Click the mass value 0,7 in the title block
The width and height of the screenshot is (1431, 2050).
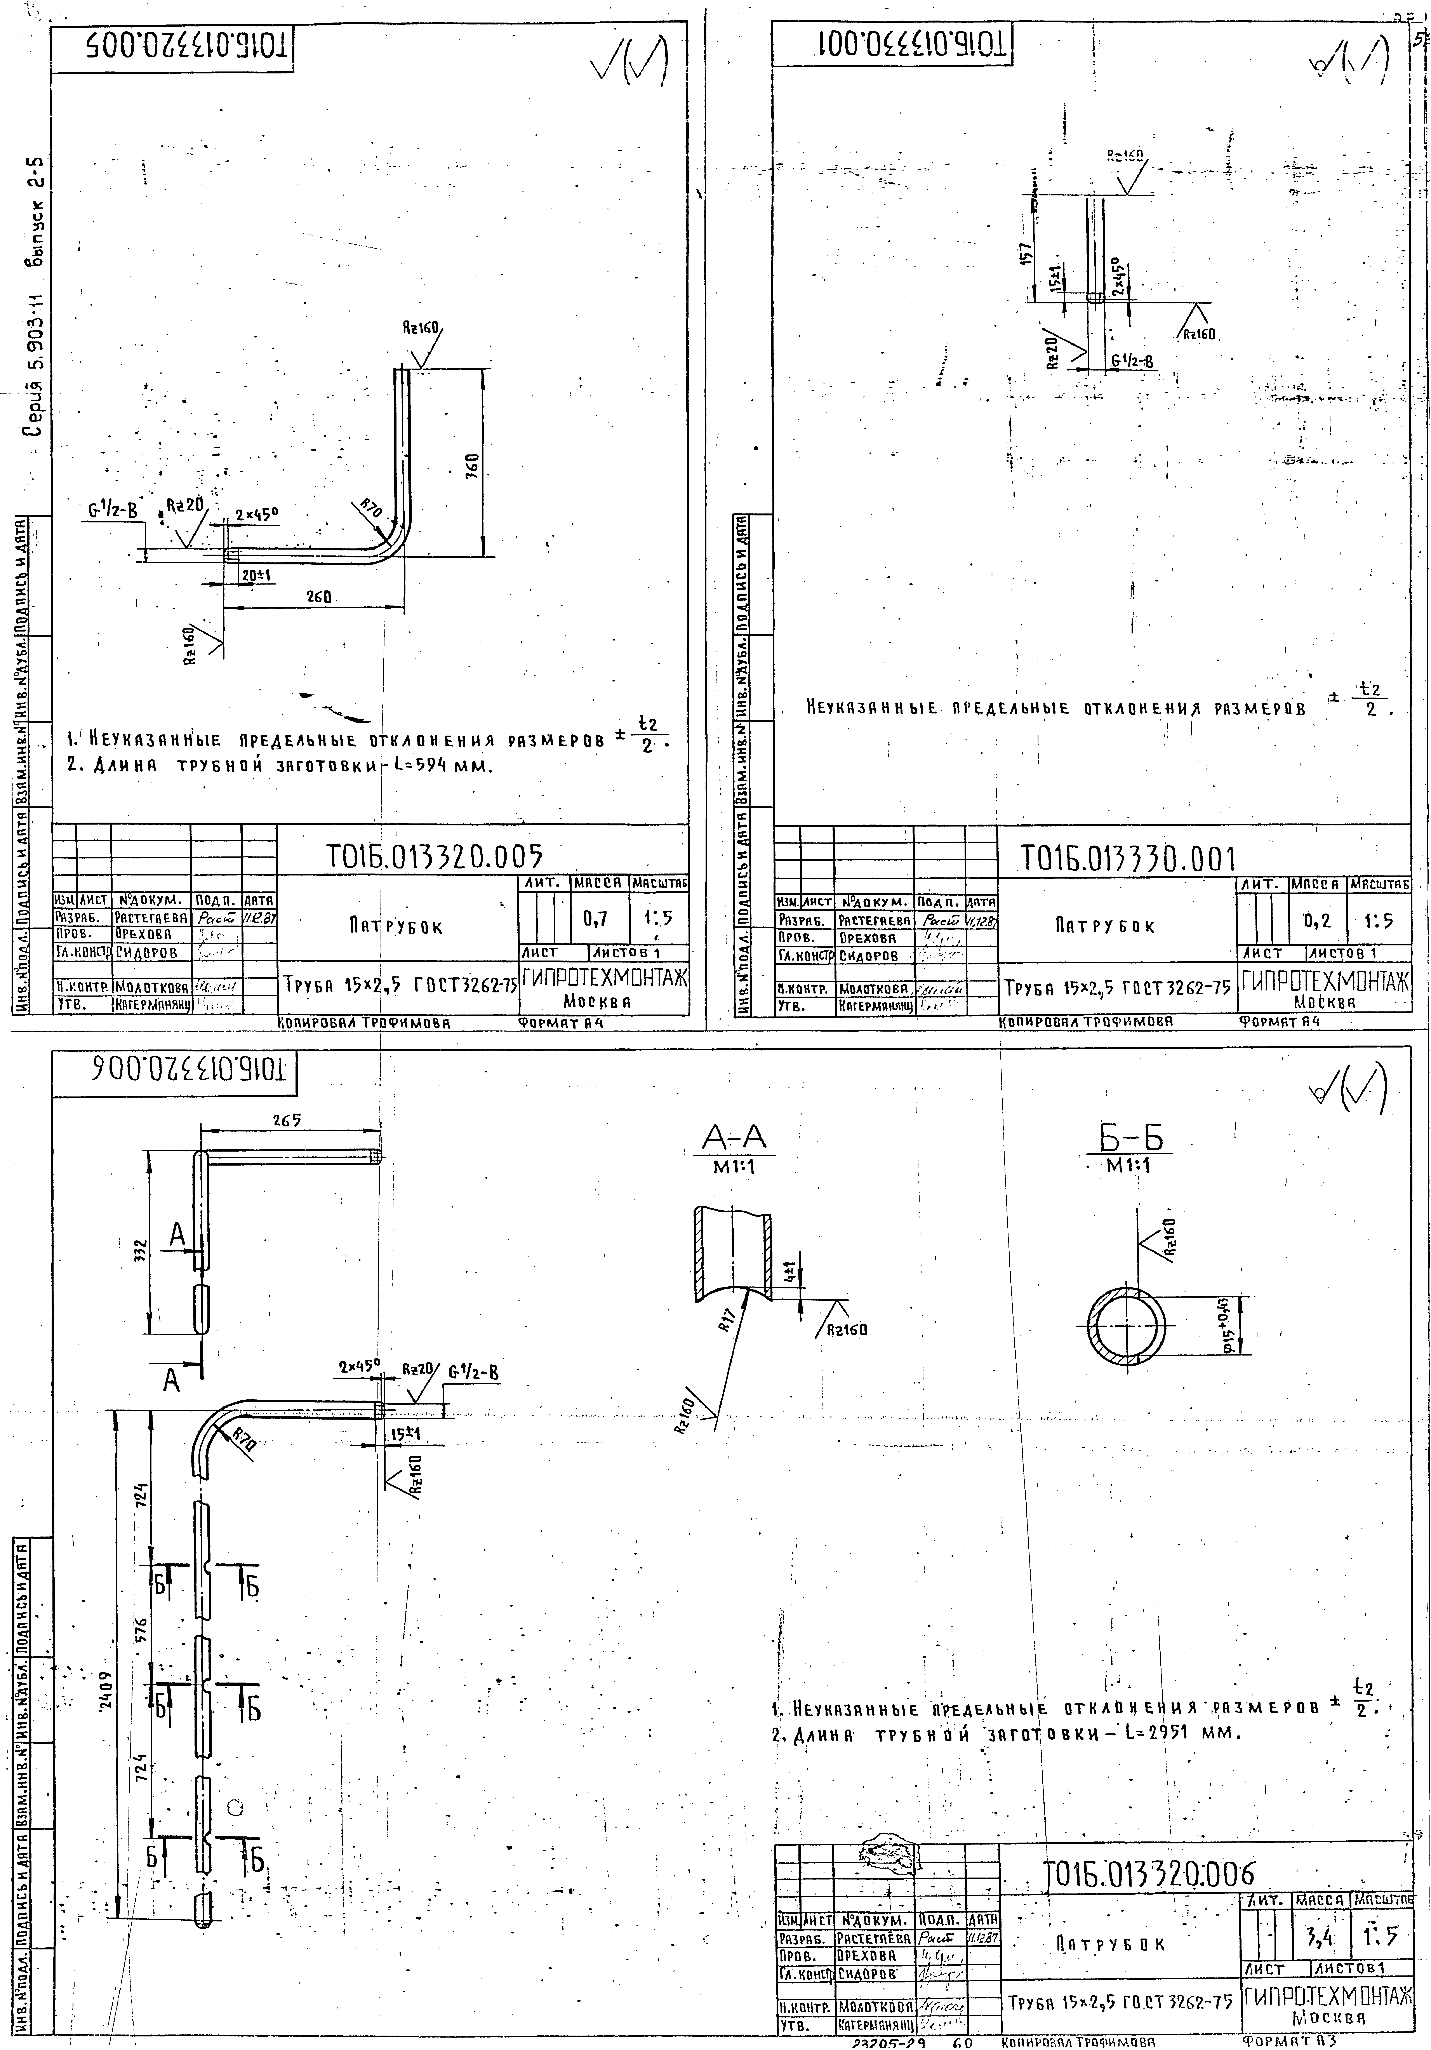point(595,917)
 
